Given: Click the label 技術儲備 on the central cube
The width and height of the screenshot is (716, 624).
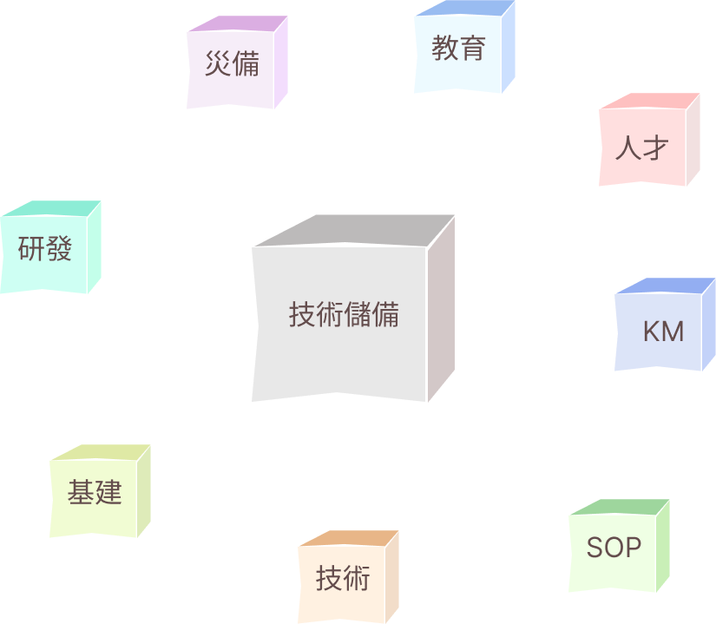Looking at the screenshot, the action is click(344, 315).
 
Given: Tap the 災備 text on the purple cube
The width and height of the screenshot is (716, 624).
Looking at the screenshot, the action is click(233, 64).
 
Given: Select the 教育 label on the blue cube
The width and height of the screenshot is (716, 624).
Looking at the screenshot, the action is click(458, 49).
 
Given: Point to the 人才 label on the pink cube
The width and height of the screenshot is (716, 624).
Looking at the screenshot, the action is click(642, 148).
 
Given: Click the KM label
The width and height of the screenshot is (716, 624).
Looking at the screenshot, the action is click(664, 332).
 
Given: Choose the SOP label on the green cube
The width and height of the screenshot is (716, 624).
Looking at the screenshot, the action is click(614, 548).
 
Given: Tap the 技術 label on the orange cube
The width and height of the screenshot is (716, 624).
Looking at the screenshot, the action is click(343, 578).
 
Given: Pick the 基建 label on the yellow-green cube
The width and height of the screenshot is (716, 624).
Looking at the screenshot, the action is click(95, 493).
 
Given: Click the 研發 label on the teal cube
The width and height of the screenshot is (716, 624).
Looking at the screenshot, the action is click(45, 250).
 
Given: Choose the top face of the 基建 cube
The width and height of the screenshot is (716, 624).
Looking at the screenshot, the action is click(102, 453).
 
